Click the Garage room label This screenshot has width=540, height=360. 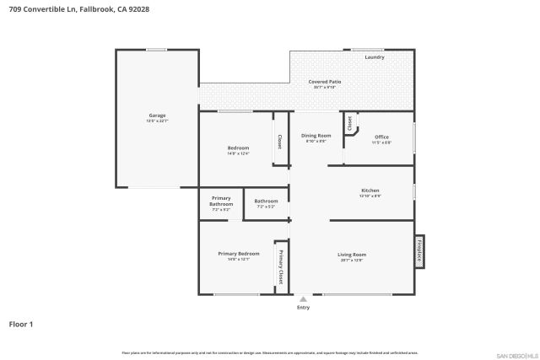tap(157, 116)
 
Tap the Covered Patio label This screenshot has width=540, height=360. tap(325, 81)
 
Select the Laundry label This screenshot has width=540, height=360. tap(375, 57)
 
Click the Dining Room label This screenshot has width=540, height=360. tap(316, 136)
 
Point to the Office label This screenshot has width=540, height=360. tap(381, 137)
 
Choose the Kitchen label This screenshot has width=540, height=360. tap(370, 191)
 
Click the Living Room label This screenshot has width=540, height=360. tap(351, 255)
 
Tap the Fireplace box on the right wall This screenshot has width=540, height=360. tap(419, 251)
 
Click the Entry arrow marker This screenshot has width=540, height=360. tap(303, 298)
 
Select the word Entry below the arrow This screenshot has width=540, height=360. tap(303, 307)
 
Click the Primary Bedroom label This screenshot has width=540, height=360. tap(238, 254)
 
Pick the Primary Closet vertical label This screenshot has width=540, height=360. tap(281, 268)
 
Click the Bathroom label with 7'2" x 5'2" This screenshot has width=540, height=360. tap(266, 201)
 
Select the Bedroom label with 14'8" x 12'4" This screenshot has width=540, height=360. tap(238, 148)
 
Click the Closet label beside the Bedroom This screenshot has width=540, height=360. tap(279, 142)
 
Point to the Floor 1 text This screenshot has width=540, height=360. tap(20, 323)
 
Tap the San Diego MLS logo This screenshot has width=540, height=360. tap(516, 354)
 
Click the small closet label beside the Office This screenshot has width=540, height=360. tap(350, 122)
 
